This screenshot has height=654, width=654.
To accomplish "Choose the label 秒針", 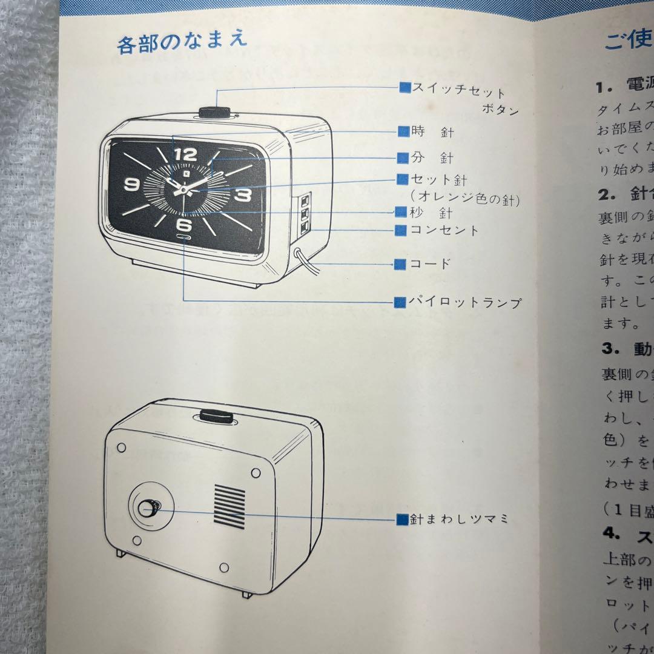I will [x=431, y=213].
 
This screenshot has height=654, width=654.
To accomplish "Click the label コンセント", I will [x=444, y=230].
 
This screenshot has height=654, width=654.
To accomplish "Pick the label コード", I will [x=431, y=264].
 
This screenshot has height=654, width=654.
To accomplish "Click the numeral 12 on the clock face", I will [x=185, y=155].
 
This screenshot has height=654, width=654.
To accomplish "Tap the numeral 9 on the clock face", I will [x=131, y=185].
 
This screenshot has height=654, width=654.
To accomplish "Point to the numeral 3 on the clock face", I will [x=242, y=194].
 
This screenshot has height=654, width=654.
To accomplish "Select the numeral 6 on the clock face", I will [x=185, y=225].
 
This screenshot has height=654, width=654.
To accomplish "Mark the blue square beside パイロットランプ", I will [x=400, y=302].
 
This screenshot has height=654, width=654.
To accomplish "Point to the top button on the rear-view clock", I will [x=215, y=417].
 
